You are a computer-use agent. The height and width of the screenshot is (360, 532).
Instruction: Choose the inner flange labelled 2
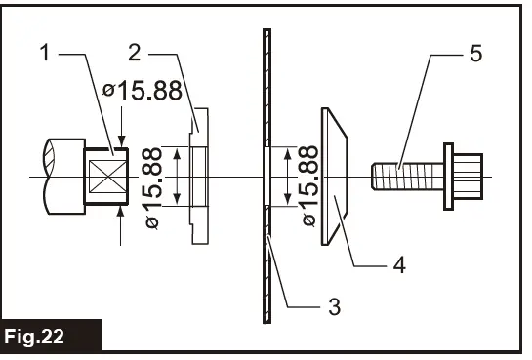point(198,176)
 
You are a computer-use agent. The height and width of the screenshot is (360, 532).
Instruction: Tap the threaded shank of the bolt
point(406,177)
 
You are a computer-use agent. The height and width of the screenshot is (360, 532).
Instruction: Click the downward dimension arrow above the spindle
point(120,137)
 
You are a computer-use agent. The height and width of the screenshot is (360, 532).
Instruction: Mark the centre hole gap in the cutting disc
point(265,177)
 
